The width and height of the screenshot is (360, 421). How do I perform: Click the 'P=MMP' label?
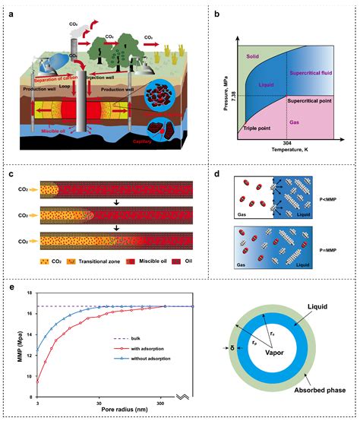[333, 245]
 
